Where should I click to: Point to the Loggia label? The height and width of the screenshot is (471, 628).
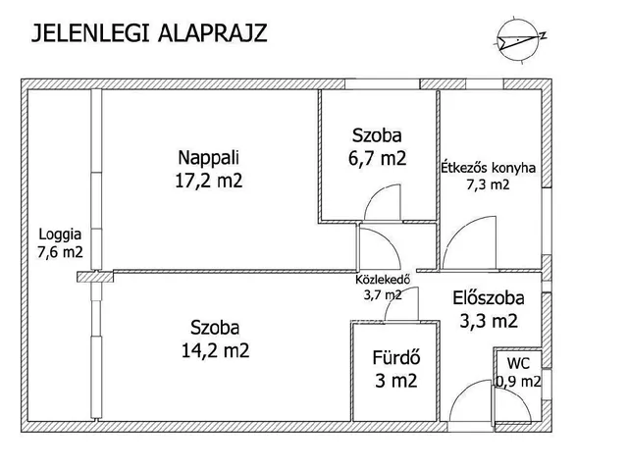tap(60, 235)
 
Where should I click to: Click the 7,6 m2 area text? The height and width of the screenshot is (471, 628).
tap(60, 253)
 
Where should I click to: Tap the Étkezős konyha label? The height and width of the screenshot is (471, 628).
tap(488, 167)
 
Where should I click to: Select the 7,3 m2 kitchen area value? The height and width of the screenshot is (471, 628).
tap(488, 184)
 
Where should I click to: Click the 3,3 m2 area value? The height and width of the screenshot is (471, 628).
tap(487, 320)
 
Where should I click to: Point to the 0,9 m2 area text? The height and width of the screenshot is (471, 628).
tap(517, 382)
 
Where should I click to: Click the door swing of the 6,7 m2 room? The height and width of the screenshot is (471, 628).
tap(381, 204)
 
